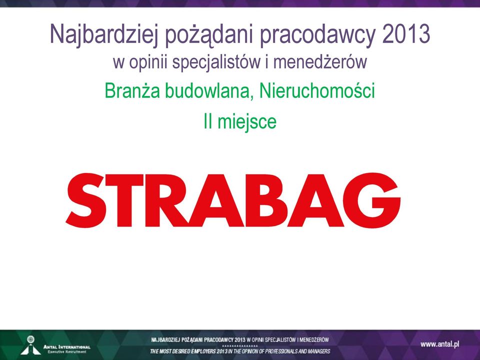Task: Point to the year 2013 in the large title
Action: pyautogui.click(x=406, y=33)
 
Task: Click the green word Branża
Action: pyautogui.click(x=132, y=90)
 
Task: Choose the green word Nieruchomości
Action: pyautogui.click(x=317, y=90)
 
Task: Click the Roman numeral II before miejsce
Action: pyautogui.click(x=208, y=121)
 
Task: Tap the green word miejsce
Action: pyautogui.click(x=247, y=121)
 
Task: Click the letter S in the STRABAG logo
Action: pyautogui.click(x=86, y=200)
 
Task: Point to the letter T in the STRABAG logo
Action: pyautogui.click(x=125, y=200)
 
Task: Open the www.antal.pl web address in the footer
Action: pyautogui.click(x=440, y=344)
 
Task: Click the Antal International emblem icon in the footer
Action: pyautogui.click(x=30, y=345)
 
